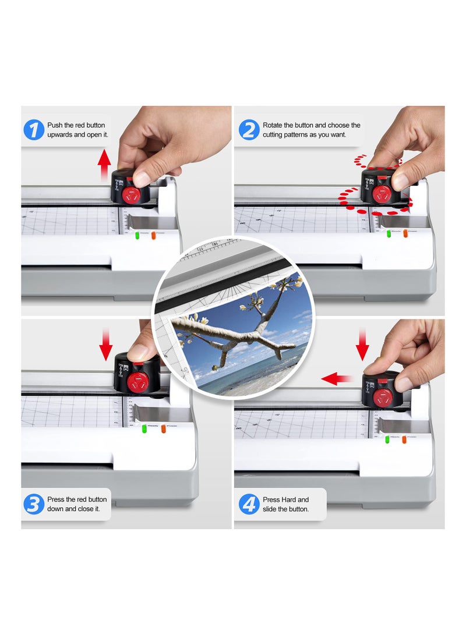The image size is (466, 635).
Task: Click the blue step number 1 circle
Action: click(34, 130)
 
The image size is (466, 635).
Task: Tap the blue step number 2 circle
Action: click(249, 130)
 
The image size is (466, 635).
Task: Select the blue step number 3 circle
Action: click(34, 504)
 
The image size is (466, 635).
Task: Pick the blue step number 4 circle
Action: click(249, 504)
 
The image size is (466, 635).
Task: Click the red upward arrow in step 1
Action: click(104, 164)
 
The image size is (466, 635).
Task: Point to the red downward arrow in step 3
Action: click(105, 343)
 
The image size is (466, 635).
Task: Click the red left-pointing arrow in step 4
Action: click(337, 379)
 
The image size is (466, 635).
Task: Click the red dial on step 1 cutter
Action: click(130, 194)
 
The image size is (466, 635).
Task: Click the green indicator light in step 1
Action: click(137, 235)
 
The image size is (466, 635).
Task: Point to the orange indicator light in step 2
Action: click(405, 233)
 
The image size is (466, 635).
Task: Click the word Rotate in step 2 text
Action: click(272, 125)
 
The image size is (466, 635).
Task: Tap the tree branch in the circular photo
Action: click(233, 335)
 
